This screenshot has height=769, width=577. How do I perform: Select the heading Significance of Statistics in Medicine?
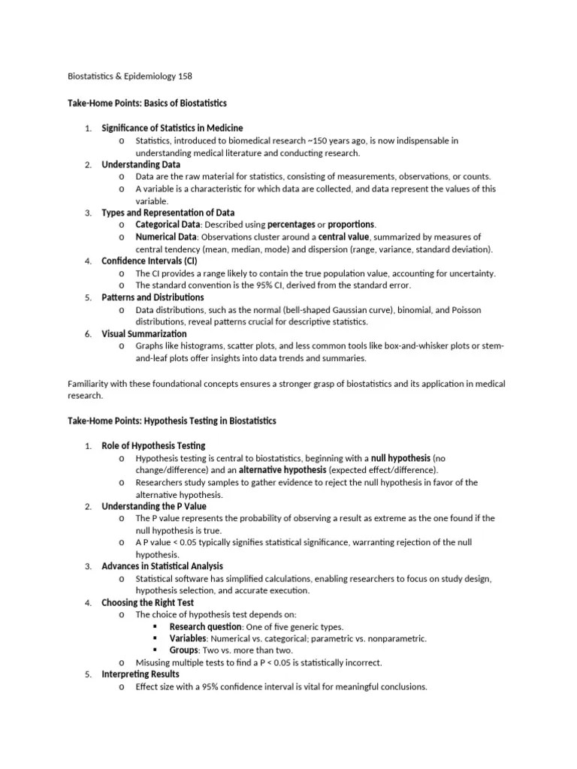pyautogui.click(x=172, y=128)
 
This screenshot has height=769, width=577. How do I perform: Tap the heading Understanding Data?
pyautogui.click(x=140, y=164)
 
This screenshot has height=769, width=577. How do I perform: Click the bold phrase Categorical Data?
pyautogui.click(x=168, y=225)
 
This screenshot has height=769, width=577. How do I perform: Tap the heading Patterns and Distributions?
pyautogui.click(x=153, y=297)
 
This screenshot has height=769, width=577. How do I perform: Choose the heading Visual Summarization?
pyautogui.click(x=144, y=333)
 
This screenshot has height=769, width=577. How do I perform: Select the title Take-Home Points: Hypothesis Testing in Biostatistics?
pyautogui.click(x=172, y=421)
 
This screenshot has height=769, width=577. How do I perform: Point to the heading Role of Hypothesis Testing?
pyautogui.click(x=153, y=446)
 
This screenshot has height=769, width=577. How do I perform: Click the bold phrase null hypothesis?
pyautogui.click(x=400, y=458)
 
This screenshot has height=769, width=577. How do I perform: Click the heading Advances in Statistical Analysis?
pyautogui.click(x=162, y=566)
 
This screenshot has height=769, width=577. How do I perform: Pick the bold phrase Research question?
pyautogui.click(x=205, y=626)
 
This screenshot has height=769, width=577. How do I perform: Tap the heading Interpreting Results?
pyautogui.click(x=140, y=674)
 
